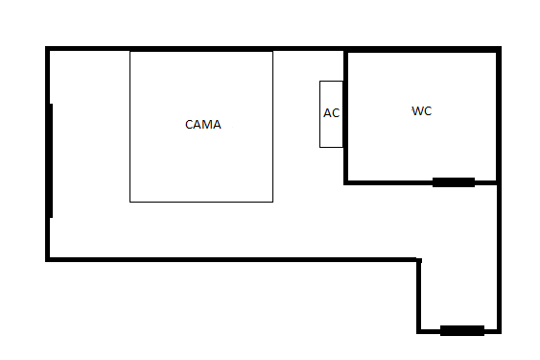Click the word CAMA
point(202,125)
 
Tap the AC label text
point(331,113)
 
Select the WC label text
point(421,111)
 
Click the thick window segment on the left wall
point(51,160)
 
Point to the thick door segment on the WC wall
point(454,182)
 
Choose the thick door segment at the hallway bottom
point(462,330)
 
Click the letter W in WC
point(417,111)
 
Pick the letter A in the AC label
point(327,113)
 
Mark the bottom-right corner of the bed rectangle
point(272,202)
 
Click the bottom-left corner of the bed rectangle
point(129,202)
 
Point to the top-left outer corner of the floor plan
point(45,46)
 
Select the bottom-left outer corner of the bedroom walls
point(45,261)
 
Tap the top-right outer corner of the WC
point(501,46)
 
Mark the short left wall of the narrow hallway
point(419,296)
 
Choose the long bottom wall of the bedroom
point(233,259)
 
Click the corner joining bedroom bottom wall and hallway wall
point(419,259)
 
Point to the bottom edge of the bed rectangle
point(201,202)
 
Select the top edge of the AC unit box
point(331,82)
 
